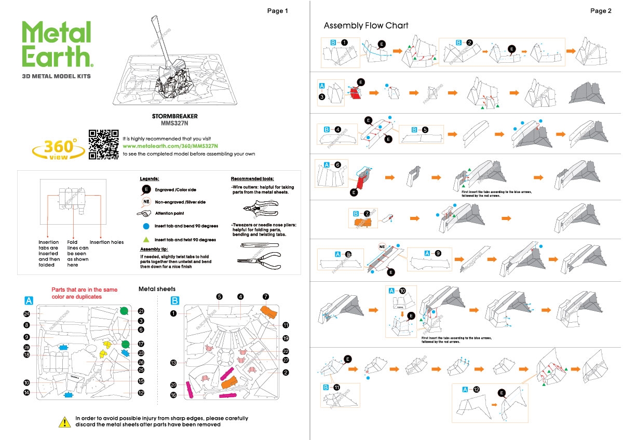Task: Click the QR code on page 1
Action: (x=104, y=144)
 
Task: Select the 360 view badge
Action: (x=59, y=148)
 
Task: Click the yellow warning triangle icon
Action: (x=64, y=422)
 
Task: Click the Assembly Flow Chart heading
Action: (x=366, y=25)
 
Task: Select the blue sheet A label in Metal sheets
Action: (x=29, y=300)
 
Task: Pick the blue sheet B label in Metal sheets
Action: (x=175, y=300)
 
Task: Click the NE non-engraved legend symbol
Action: (x=146, y=202)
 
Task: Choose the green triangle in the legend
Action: (x=146, y=240)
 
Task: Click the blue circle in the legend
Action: (x=146, y=226)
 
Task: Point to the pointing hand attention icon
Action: (x=145, y=213)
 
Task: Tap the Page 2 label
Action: (x=601, y=11)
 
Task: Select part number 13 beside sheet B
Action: (x=174, y=362)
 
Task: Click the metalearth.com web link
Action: (x=170, y=146)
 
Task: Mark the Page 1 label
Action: (x=277, y=11)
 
